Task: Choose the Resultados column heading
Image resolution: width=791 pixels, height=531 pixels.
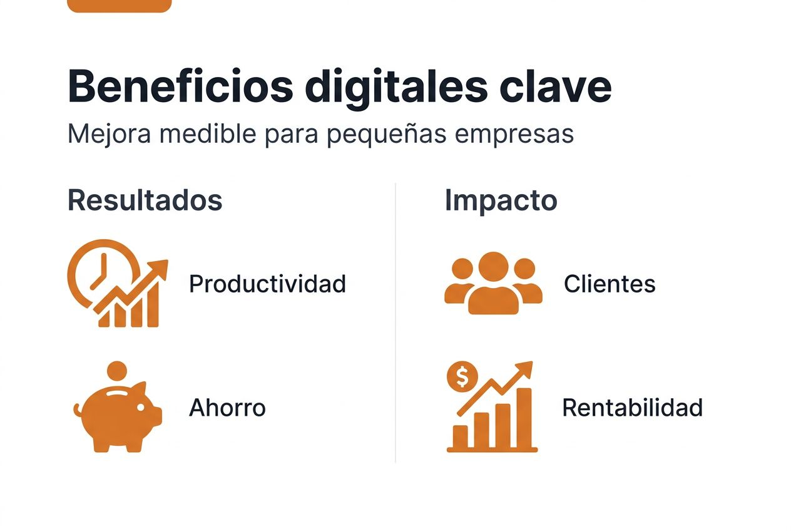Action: click(145, 200)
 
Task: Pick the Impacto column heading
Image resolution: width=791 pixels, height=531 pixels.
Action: click(501, 200)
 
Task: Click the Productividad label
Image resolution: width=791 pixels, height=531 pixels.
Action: click(267, 284)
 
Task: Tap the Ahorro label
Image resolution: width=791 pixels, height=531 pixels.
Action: click(227, 408)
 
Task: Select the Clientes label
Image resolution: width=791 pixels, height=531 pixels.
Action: click(610, 284)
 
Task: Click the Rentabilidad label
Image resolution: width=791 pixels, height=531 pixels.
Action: click(632, 408)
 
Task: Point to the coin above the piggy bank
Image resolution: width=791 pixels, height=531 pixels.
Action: click(116, 371)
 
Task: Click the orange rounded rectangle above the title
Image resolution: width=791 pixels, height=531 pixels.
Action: click(119, 6)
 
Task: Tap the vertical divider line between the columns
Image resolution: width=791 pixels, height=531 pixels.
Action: click(395, 322)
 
